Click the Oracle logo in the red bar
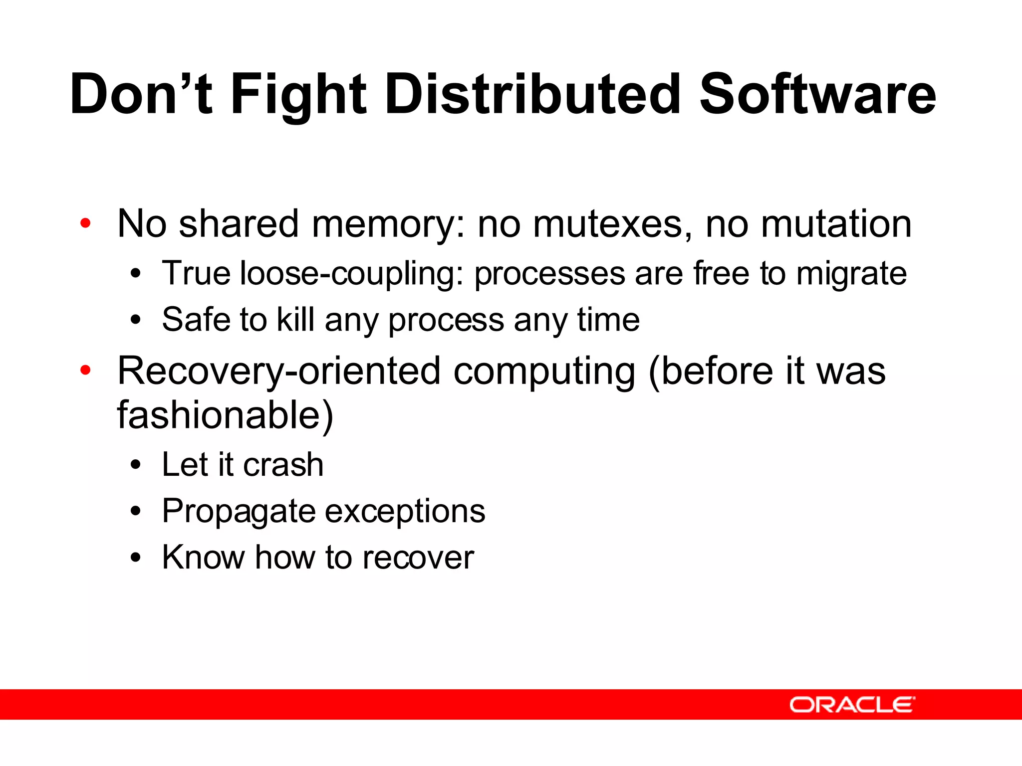(x=852, y=705)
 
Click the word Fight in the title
(x=298, y=95)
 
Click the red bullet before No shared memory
(x=85, y=223)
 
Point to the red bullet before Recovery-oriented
(x=85, y=371)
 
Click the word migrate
(x=851, y=274)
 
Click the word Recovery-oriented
(x=279, y=372)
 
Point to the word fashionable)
(x=225, y=415)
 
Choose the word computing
(x=544, y=372)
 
